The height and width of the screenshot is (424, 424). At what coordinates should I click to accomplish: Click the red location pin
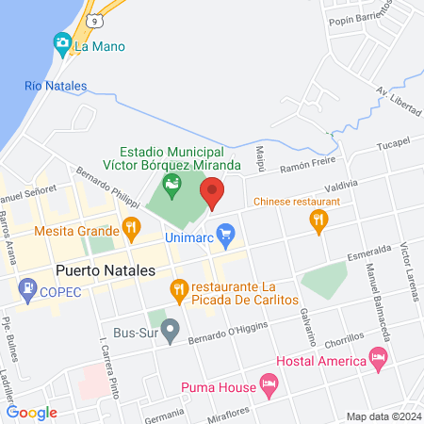pos(213,191)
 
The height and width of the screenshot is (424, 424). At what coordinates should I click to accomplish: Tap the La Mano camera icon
pos(62,42)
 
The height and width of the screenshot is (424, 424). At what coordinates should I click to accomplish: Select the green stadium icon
pos(171,184)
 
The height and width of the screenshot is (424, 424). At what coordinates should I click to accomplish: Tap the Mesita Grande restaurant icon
pos(131,227)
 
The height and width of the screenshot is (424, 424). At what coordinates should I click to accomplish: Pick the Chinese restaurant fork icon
pos(319,220)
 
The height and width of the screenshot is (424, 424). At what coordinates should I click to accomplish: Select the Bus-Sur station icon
pos(171,330)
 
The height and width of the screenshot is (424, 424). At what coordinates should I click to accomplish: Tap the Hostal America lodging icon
pos(378,358)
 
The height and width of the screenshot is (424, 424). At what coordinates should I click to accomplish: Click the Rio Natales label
pos(56,86)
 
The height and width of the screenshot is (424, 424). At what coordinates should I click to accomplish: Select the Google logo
pos(31,412)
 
